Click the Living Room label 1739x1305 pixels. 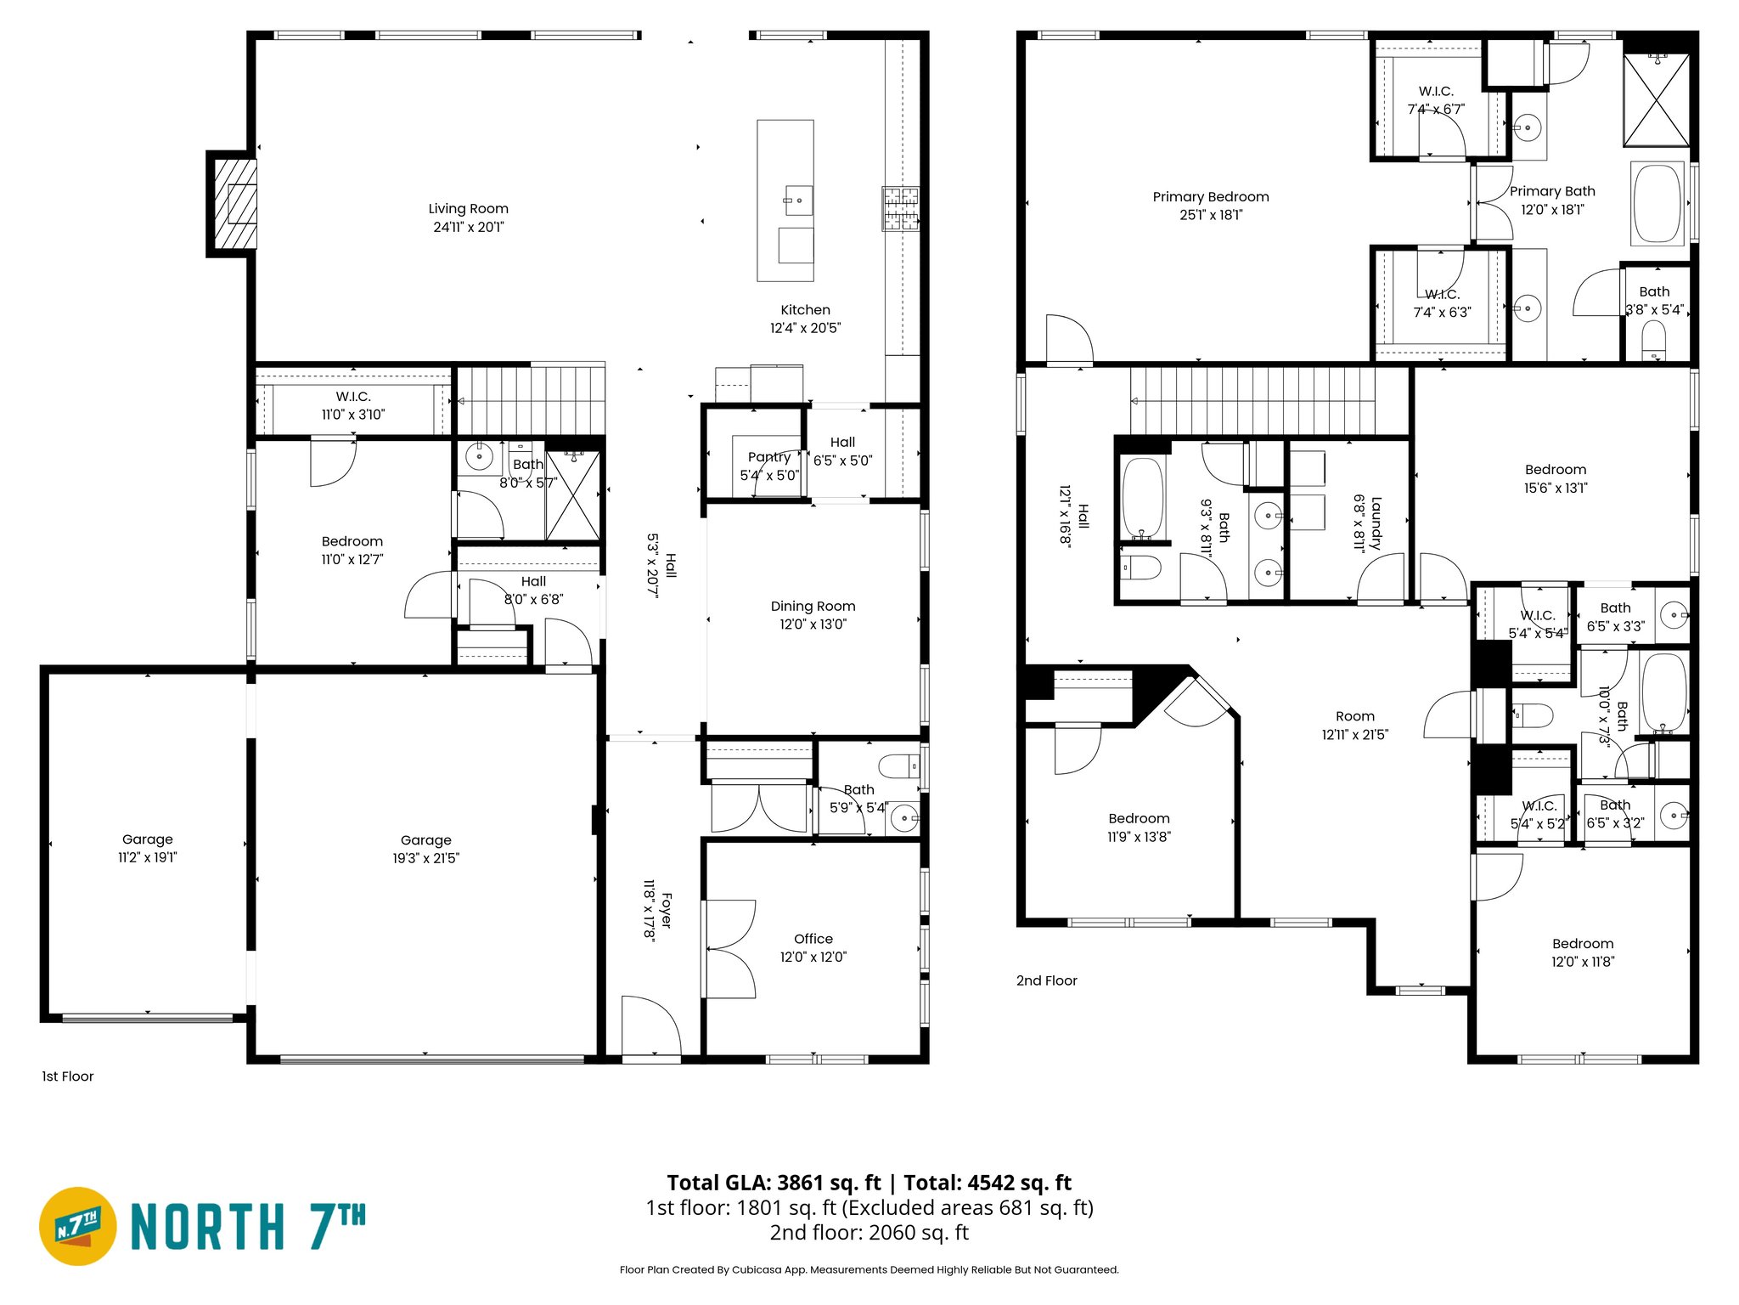468,209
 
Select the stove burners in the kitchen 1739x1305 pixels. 900,209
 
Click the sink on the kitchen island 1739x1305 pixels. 797,201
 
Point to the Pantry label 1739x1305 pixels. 768,457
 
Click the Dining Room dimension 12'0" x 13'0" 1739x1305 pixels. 813,624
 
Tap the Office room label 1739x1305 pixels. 813,939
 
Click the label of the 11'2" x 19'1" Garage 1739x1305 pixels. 147,839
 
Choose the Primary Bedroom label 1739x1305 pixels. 1210,197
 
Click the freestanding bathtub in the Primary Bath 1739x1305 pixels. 1657,204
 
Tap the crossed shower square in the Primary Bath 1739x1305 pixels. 1656,100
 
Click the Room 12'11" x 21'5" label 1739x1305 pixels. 1354,717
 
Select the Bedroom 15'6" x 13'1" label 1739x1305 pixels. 1555,470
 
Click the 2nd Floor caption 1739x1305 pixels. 1046,980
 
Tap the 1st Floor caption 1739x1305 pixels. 68,1076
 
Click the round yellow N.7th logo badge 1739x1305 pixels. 78,1226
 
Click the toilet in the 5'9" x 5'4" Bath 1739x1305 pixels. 898,766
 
